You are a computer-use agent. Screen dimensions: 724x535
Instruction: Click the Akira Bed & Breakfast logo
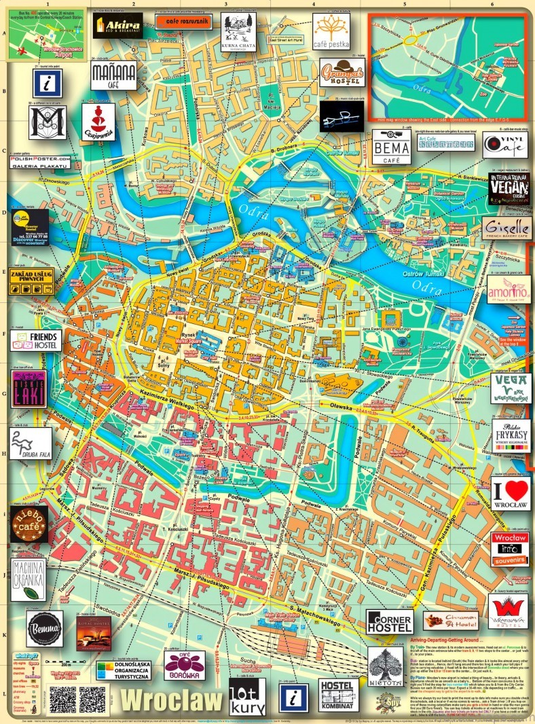(x=118, y=26)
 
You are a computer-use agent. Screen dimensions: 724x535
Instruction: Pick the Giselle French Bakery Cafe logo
(x=506, y=228)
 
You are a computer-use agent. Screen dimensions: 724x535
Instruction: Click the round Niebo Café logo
(x=29, y=524)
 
